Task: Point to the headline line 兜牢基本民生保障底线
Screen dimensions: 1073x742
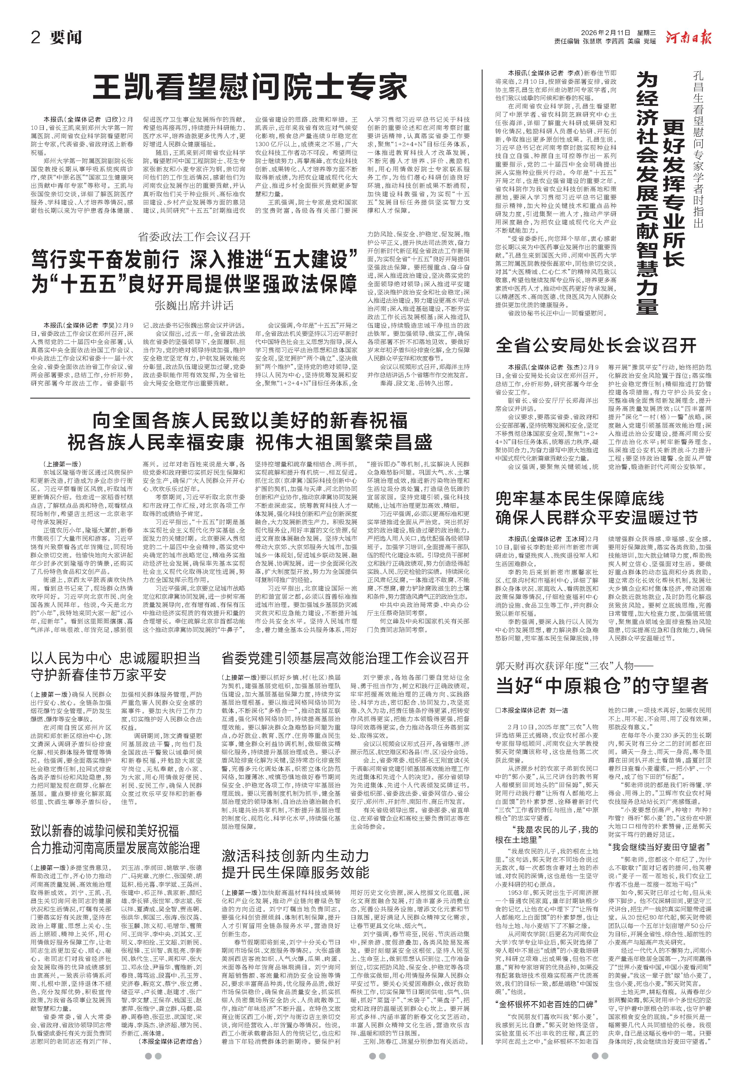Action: pyautogui.click(x=580, y=499)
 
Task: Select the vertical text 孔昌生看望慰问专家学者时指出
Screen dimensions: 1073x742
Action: pyautogui.click(x=698, y=149)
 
